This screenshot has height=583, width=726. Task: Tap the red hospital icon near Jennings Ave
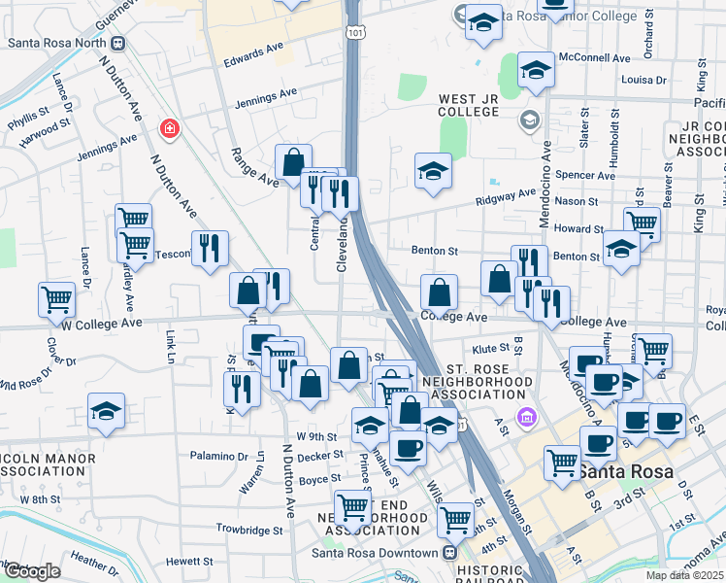pos(170,128)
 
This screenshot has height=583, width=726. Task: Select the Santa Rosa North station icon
pos(118,43)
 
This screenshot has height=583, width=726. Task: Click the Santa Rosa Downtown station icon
pos(449,552)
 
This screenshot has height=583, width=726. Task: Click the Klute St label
pos(490,347)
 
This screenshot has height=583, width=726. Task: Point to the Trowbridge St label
pos(249,532)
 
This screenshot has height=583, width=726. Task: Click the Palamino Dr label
pos(219,456)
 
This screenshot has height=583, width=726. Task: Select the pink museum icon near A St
pos(527,419)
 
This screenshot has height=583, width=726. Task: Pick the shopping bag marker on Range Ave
pos(293,162)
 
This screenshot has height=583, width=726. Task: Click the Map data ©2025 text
pos(686,575)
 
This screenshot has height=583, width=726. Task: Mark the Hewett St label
pos(188,561)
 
